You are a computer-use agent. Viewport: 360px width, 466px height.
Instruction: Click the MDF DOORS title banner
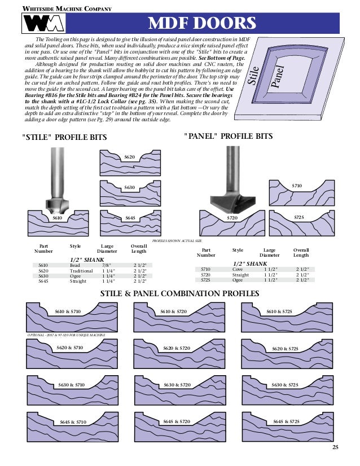click(x=202, y=24)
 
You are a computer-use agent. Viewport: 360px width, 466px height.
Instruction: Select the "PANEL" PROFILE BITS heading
click(x=229, y=137)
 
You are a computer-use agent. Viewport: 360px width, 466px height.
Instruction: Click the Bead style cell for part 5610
click(x=74, y=265)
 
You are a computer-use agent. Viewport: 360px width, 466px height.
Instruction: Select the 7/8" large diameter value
click(x=106, y=265)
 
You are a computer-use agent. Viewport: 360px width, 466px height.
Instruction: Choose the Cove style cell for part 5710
click(x=238, y=269)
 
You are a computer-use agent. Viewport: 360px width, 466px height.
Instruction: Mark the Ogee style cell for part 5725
click(x=238, y=279)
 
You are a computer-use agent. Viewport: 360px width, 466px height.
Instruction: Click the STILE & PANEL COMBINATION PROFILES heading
click(x=179, y=293)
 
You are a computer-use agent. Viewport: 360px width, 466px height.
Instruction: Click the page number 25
click(x=335, y=447)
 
